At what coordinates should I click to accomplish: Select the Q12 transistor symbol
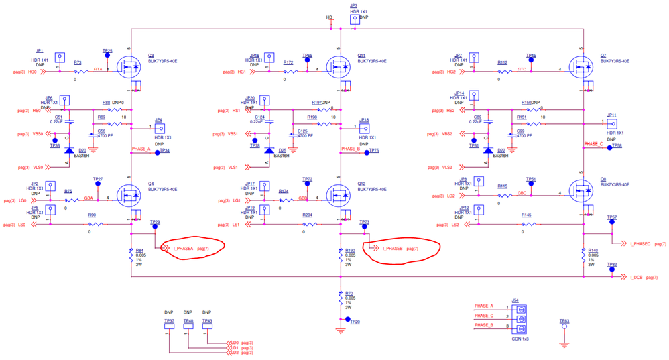click(x=339, y=194)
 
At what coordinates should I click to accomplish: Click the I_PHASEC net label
click(x=640, y=244)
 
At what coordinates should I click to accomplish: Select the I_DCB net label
click(x=636, y=277)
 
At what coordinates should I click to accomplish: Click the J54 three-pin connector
click(x=520, y=318)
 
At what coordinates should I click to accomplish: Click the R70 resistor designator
click(x=349, y=294)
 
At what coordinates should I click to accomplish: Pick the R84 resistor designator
click(x=140, y=251)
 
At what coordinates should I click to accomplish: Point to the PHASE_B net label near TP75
click(x=351, y=149)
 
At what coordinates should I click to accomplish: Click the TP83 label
click(x=564, y=321)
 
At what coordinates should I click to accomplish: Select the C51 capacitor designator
click(x=58, y=116)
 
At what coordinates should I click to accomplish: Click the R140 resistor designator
click(x=593, y=251)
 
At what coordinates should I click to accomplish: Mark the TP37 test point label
click(x=169, y=321)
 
